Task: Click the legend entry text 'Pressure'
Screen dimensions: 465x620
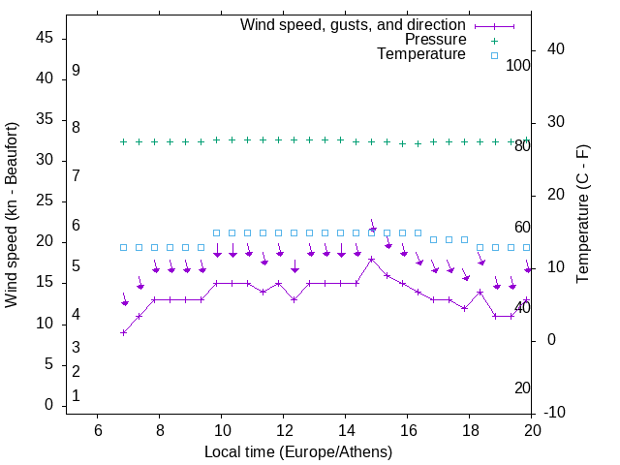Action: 436,40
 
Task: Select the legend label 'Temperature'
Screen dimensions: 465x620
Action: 421,54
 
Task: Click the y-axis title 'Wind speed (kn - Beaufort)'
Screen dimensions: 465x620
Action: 12,215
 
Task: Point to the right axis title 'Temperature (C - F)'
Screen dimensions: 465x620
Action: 582,215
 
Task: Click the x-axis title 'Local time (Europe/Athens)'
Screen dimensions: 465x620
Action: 298,451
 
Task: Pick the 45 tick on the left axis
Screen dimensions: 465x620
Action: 46,38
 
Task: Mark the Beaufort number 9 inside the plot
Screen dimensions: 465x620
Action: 76,71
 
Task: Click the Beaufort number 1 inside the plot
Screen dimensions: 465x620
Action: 76,396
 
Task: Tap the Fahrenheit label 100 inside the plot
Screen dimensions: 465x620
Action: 518,65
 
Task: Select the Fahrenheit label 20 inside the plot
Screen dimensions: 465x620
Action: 522,388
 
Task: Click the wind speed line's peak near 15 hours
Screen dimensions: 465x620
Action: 371,259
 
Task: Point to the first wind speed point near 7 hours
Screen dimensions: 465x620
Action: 124,332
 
